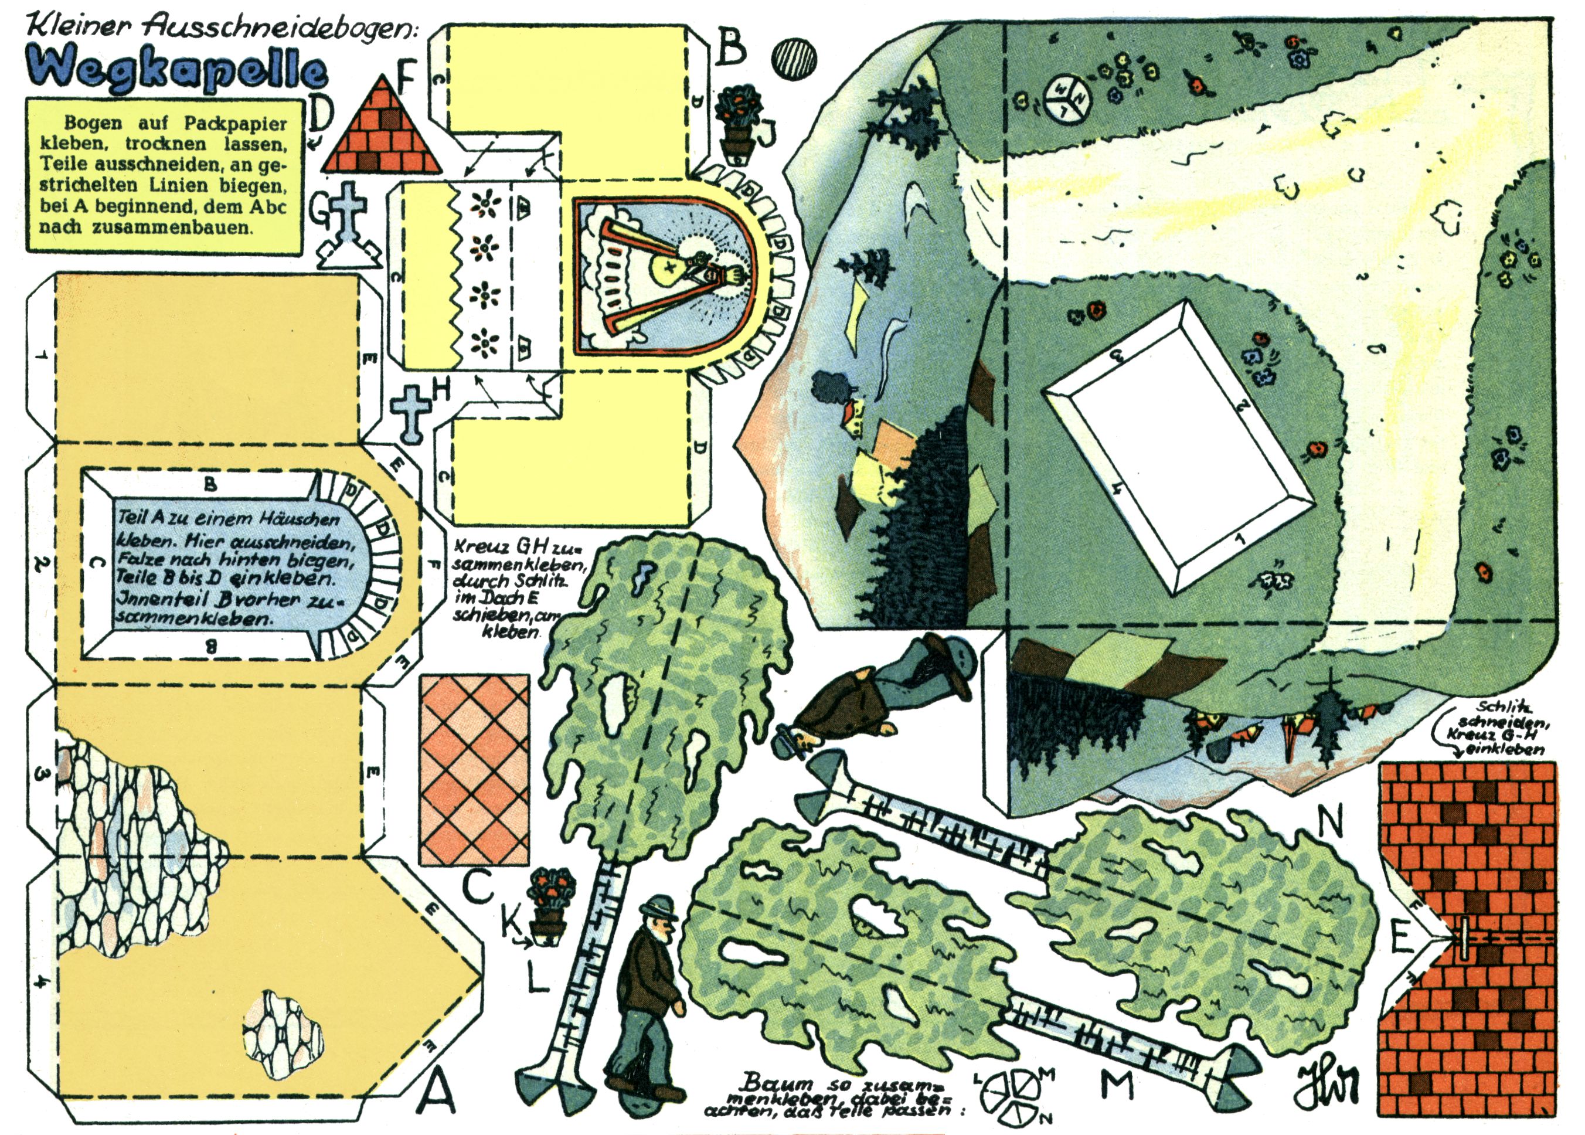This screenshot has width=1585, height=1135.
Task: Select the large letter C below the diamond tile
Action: pyautogui.click(x=478, y=887)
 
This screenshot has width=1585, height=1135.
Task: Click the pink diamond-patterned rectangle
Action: pyautogui.click(x=475, y=770)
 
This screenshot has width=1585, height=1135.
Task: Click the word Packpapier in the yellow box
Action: pyautogui.click(x=236, y=124)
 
